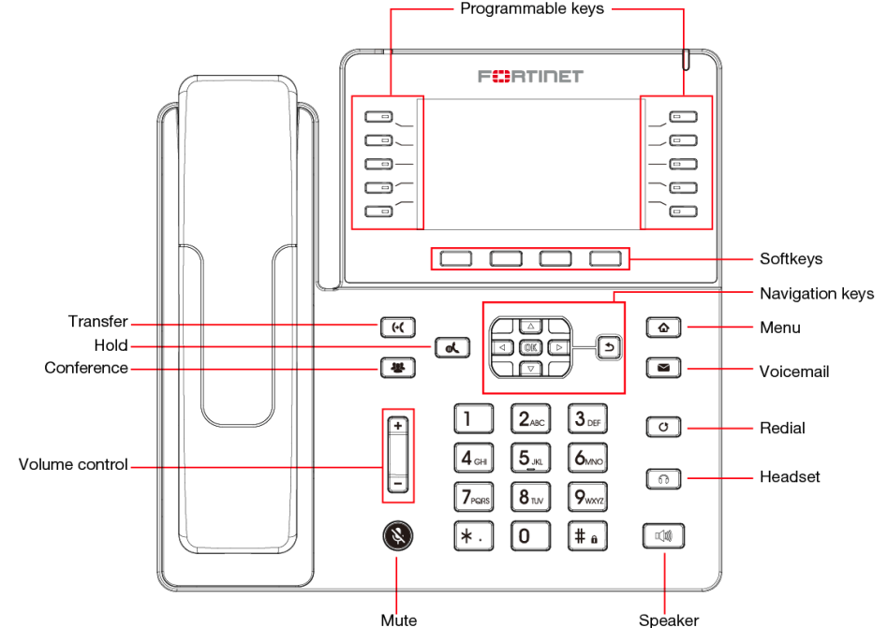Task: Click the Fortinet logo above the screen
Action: pos(530,76)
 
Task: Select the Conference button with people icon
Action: pos(397,368)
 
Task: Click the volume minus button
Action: pos(397,485)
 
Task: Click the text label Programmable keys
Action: pos(532,9)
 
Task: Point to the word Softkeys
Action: pos(791,258)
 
